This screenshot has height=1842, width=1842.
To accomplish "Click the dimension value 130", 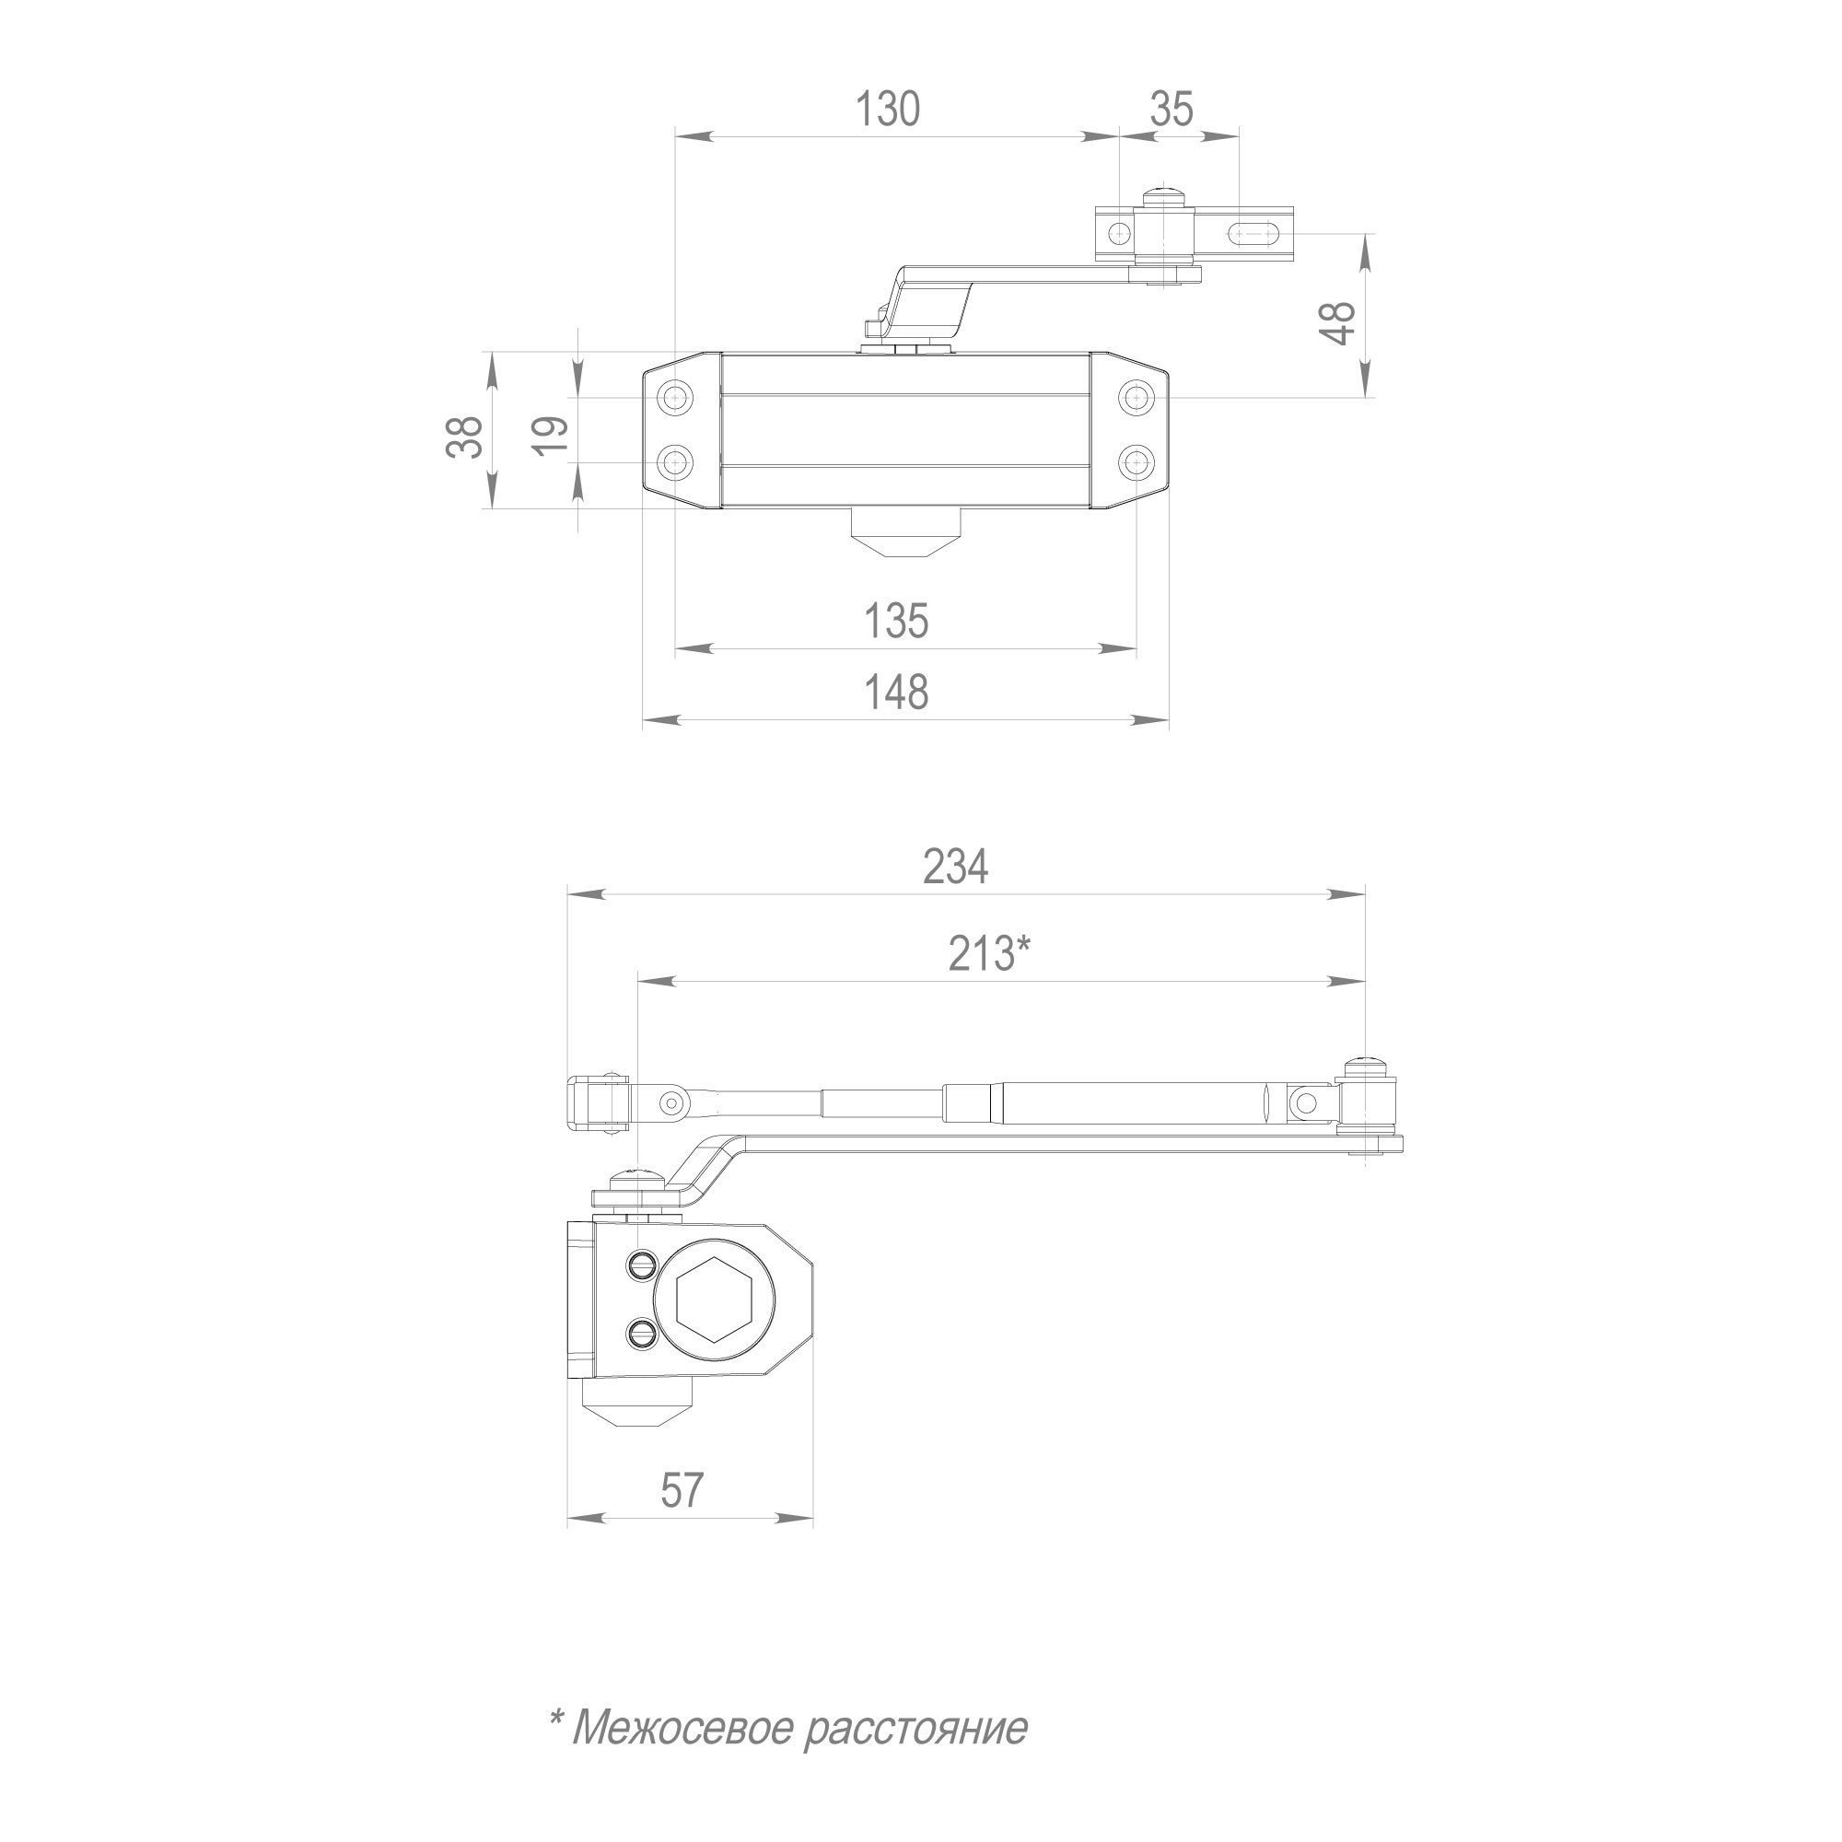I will point(887,109).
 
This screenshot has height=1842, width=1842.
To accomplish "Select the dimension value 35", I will point(1171,109).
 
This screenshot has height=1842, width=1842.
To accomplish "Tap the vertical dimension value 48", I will point(1340,323).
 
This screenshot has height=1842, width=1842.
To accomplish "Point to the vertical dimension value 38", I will point(465,437).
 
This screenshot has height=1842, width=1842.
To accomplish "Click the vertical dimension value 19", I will point(552,437).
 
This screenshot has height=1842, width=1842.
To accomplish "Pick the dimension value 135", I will point(895,621).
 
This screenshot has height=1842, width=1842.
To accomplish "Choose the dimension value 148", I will point(895,693).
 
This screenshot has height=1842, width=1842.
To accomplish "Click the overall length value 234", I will point(955,867).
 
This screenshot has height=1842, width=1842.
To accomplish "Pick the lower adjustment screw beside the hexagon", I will point(641,1333).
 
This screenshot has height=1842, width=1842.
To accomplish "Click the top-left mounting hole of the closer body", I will point(676,397).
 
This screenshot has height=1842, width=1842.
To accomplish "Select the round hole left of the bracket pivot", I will point(1117,232).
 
